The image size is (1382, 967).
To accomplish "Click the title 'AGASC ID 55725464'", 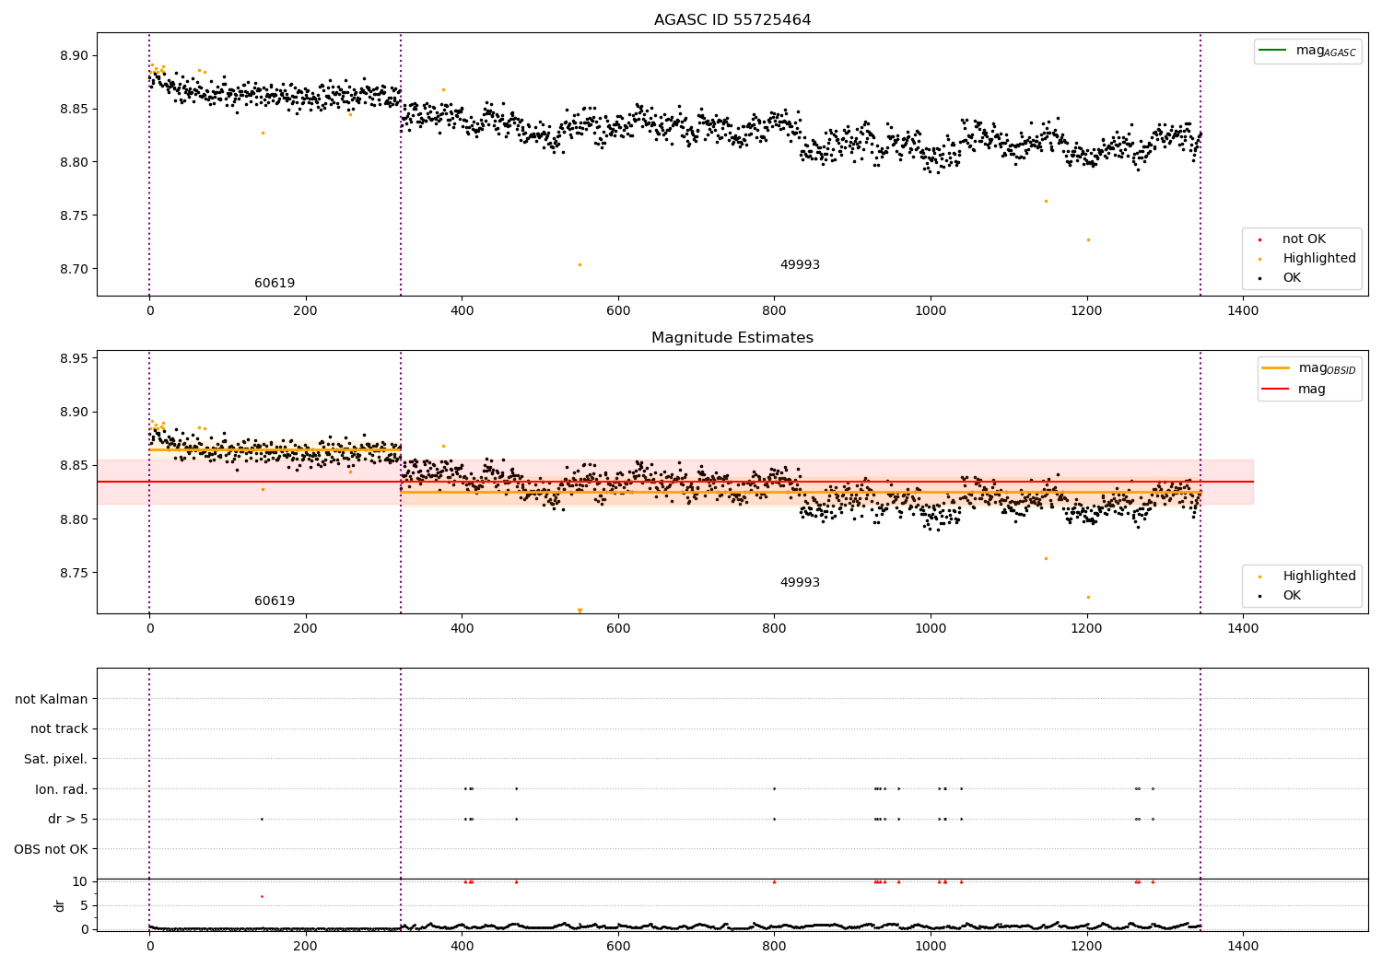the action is (732, 19).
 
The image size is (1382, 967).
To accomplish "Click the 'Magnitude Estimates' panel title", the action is (732, 337).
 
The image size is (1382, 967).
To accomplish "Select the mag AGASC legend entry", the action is (1307, 52).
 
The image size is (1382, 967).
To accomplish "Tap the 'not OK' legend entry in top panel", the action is (1293, 239).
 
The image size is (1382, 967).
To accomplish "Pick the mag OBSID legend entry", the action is (1309, 368).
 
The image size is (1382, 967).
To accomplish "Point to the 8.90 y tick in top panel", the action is (74, 55).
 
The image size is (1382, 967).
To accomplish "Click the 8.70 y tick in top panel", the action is (74, 269).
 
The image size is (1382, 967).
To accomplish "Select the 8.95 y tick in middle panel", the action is (74, 358).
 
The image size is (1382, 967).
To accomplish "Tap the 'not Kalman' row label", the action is (52, 699).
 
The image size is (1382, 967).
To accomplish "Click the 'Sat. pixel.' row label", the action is (55, 759).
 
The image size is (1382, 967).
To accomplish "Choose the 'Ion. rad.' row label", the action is (61, 788).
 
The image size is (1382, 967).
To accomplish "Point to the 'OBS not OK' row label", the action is (51, 849).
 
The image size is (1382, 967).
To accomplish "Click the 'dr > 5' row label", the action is (68, 819).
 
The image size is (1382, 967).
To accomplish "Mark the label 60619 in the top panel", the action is (275, 283).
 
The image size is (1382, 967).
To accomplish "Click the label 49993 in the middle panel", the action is (801, 582).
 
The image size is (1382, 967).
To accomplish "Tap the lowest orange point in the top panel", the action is (580, 265).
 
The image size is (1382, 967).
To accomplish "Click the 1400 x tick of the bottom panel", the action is (1243, 946).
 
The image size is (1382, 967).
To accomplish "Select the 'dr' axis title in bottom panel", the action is (59, 905).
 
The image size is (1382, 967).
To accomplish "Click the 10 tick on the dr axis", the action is (79, 882).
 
